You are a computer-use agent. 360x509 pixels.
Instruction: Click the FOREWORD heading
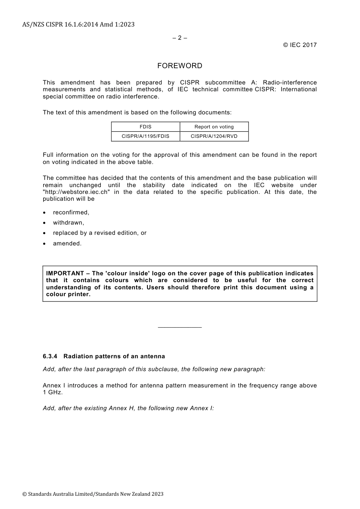[180, 66]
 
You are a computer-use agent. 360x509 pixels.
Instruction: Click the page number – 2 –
[180, 38]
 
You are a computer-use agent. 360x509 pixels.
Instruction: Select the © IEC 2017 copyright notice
[300, 45]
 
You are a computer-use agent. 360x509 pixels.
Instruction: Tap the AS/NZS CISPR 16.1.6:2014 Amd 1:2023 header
[78, 25]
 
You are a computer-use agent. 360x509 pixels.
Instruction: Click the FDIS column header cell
[146, 127]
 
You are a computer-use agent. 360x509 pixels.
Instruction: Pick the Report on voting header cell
[214, 127]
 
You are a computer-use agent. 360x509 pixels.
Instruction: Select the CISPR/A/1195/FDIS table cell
[146, 136]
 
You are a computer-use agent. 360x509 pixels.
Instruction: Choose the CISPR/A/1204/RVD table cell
[214, 136]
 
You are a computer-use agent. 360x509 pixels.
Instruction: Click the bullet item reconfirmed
[71, 212]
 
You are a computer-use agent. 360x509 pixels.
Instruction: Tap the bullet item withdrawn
[69, 223]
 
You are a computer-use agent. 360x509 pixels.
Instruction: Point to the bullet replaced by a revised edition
[100, 233]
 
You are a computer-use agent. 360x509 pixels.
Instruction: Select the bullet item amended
[67, 244]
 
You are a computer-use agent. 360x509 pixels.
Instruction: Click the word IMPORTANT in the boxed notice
[65, 273]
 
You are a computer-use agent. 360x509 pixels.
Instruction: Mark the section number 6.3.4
[50, 356]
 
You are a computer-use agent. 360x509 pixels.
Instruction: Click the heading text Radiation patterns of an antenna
[114, 356]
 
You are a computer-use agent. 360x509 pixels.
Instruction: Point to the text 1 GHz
[53, 392]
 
